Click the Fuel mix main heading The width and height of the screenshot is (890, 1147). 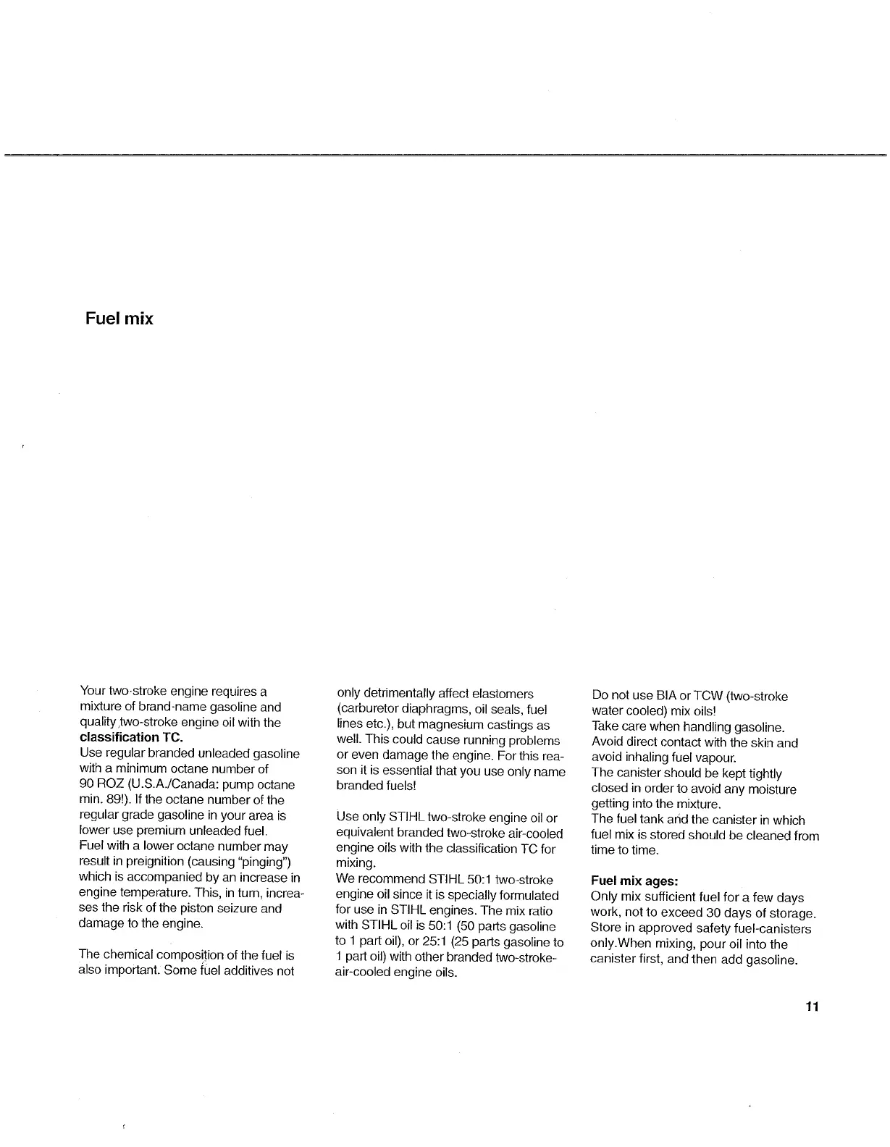(119, 319)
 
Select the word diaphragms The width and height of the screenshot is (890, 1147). (427, 710)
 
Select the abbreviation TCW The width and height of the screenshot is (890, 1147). (707, 697)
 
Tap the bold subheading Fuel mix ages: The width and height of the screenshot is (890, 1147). (634, 882)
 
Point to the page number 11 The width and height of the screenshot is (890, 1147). (811, 1007)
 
